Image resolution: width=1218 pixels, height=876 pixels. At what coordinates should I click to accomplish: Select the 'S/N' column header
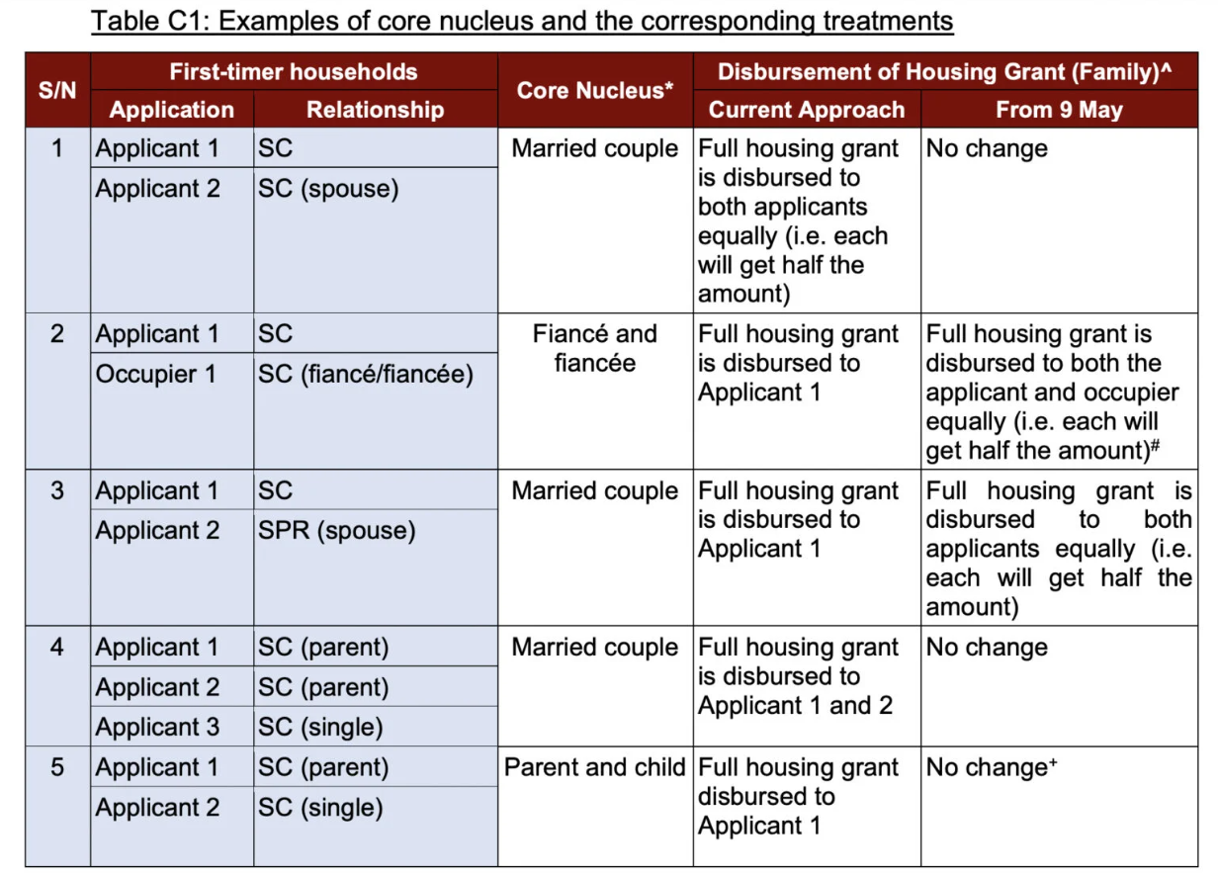tap(57, 90)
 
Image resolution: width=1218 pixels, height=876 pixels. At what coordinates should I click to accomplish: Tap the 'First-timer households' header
tap(294, 72)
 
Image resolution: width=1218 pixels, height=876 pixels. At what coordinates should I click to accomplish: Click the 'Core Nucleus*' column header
tap(595, 90)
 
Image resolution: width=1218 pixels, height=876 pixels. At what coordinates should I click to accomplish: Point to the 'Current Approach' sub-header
tap(807, 110)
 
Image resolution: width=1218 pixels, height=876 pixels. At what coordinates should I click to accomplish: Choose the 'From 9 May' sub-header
tap(1059, 110)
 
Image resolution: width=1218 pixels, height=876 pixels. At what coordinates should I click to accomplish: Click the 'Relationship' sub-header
tap(375, 110)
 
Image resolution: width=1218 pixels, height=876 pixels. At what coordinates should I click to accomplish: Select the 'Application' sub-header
tap(172, 110)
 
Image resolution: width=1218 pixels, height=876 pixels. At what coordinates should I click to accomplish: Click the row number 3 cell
tap(57, 490)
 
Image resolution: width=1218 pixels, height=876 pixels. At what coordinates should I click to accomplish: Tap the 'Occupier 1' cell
tap(157, 375)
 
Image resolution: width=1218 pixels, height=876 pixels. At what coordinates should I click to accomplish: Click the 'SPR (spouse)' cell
tap(336, 531)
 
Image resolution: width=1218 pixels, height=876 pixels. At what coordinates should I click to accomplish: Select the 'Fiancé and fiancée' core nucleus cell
tap(595, 348)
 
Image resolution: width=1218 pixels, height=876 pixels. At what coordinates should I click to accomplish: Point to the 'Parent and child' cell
tap(595, 767)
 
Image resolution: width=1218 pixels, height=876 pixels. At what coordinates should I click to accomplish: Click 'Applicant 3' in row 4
tap(157, 728)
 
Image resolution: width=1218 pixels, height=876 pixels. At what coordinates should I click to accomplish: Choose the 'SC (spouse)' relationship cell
tap(328, 189)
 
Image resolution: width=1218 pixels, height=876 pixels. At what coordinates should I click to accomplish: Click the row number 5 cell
tap(57, 767)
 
